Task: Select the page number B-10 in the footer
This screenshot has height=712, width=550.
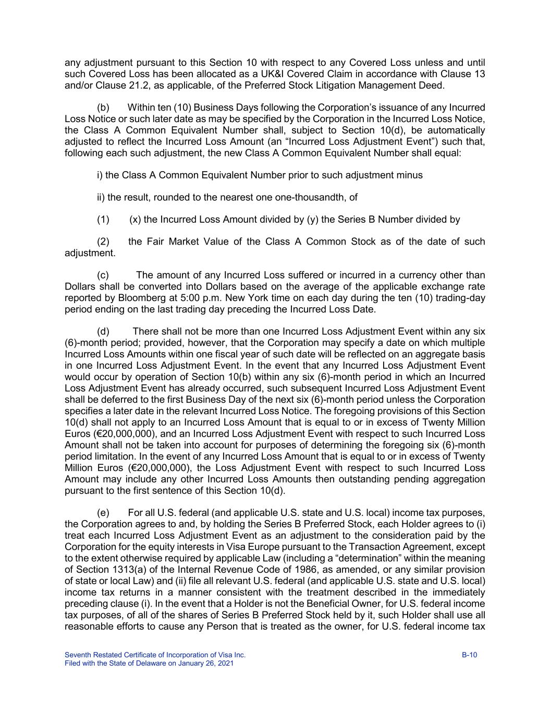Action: pos(469,655)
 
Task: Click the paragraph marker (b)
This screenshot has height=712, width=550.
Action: pos(103,107)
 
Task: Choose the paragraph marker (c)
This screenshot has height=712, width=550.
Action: pos(103,275)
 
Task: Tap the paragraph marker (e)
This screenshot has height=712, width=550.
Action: pos(103,513)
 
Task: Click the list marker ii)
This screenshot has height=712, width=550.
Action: pos(101,197)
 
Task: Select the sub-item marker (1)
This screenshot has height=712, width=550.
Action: pos(103,219)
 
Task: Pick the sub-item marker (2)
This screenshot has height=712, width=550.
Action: pos(103,242)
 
